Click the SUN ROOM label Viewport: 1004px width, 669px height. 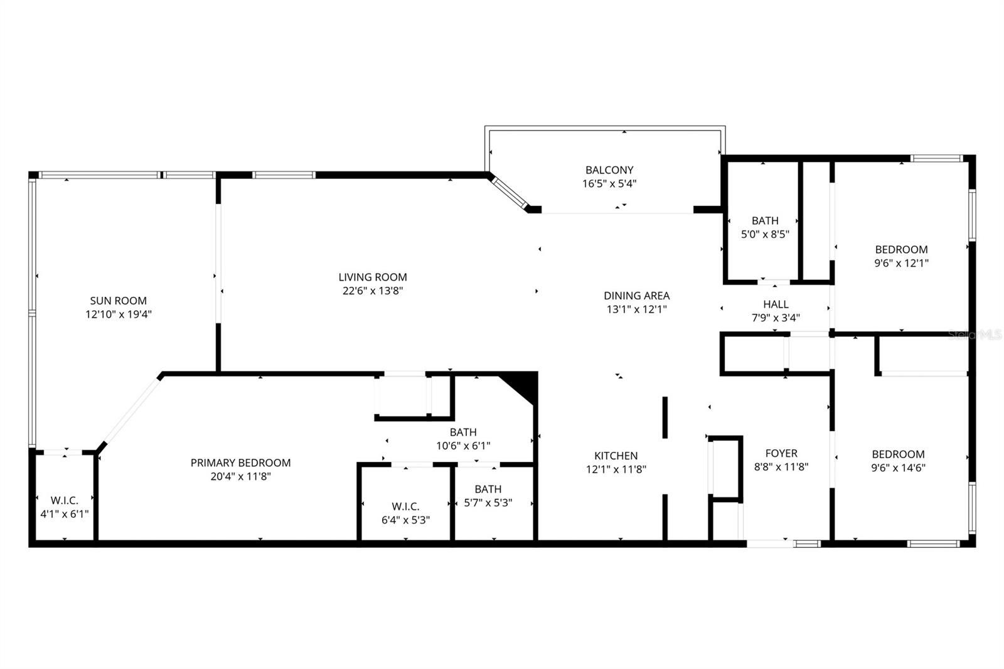(119, 301)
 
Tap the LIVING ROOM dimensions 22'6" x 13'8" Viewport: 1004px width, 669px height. (373, 291)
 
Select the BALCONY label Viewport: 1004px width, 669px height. (609, 170)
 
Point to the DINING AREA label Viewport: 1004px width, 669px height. (637, 296)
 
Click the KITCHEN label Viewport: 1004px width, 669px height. (616, 456)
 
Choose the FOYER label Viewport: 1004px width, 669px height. (782, 453)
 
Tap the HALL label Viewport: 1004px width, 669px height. (776, 304)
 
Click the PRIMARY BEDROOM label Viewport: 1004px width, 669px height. (241, 463)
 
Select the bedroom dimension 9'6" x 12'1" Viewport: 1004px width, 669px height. (902, 263)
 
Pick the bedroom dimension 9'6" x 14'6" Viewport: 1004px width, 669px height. (899, 468)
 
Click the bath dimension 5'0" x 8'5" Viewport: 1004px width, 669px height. (766, 234)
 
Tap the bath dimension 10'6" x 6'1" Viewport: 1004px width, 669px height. (464, 446)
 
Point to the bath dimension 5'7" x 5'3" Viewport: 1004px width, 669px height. (488, 503)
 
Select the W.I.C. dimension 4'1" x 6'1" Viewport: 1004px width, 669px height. (65, 514)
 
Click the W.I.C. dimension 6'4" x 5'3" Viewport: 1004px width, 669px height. (406, 520)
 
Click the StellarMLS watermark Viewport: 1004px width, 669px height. (976, 334)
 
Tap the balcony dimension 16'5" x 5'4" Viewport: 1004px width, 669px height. (609, 183)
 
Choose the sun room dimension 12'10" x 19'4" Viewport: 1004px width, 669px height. (119, 314)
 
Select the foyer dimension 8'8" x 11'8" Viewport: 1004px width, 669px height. (782, 467)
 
